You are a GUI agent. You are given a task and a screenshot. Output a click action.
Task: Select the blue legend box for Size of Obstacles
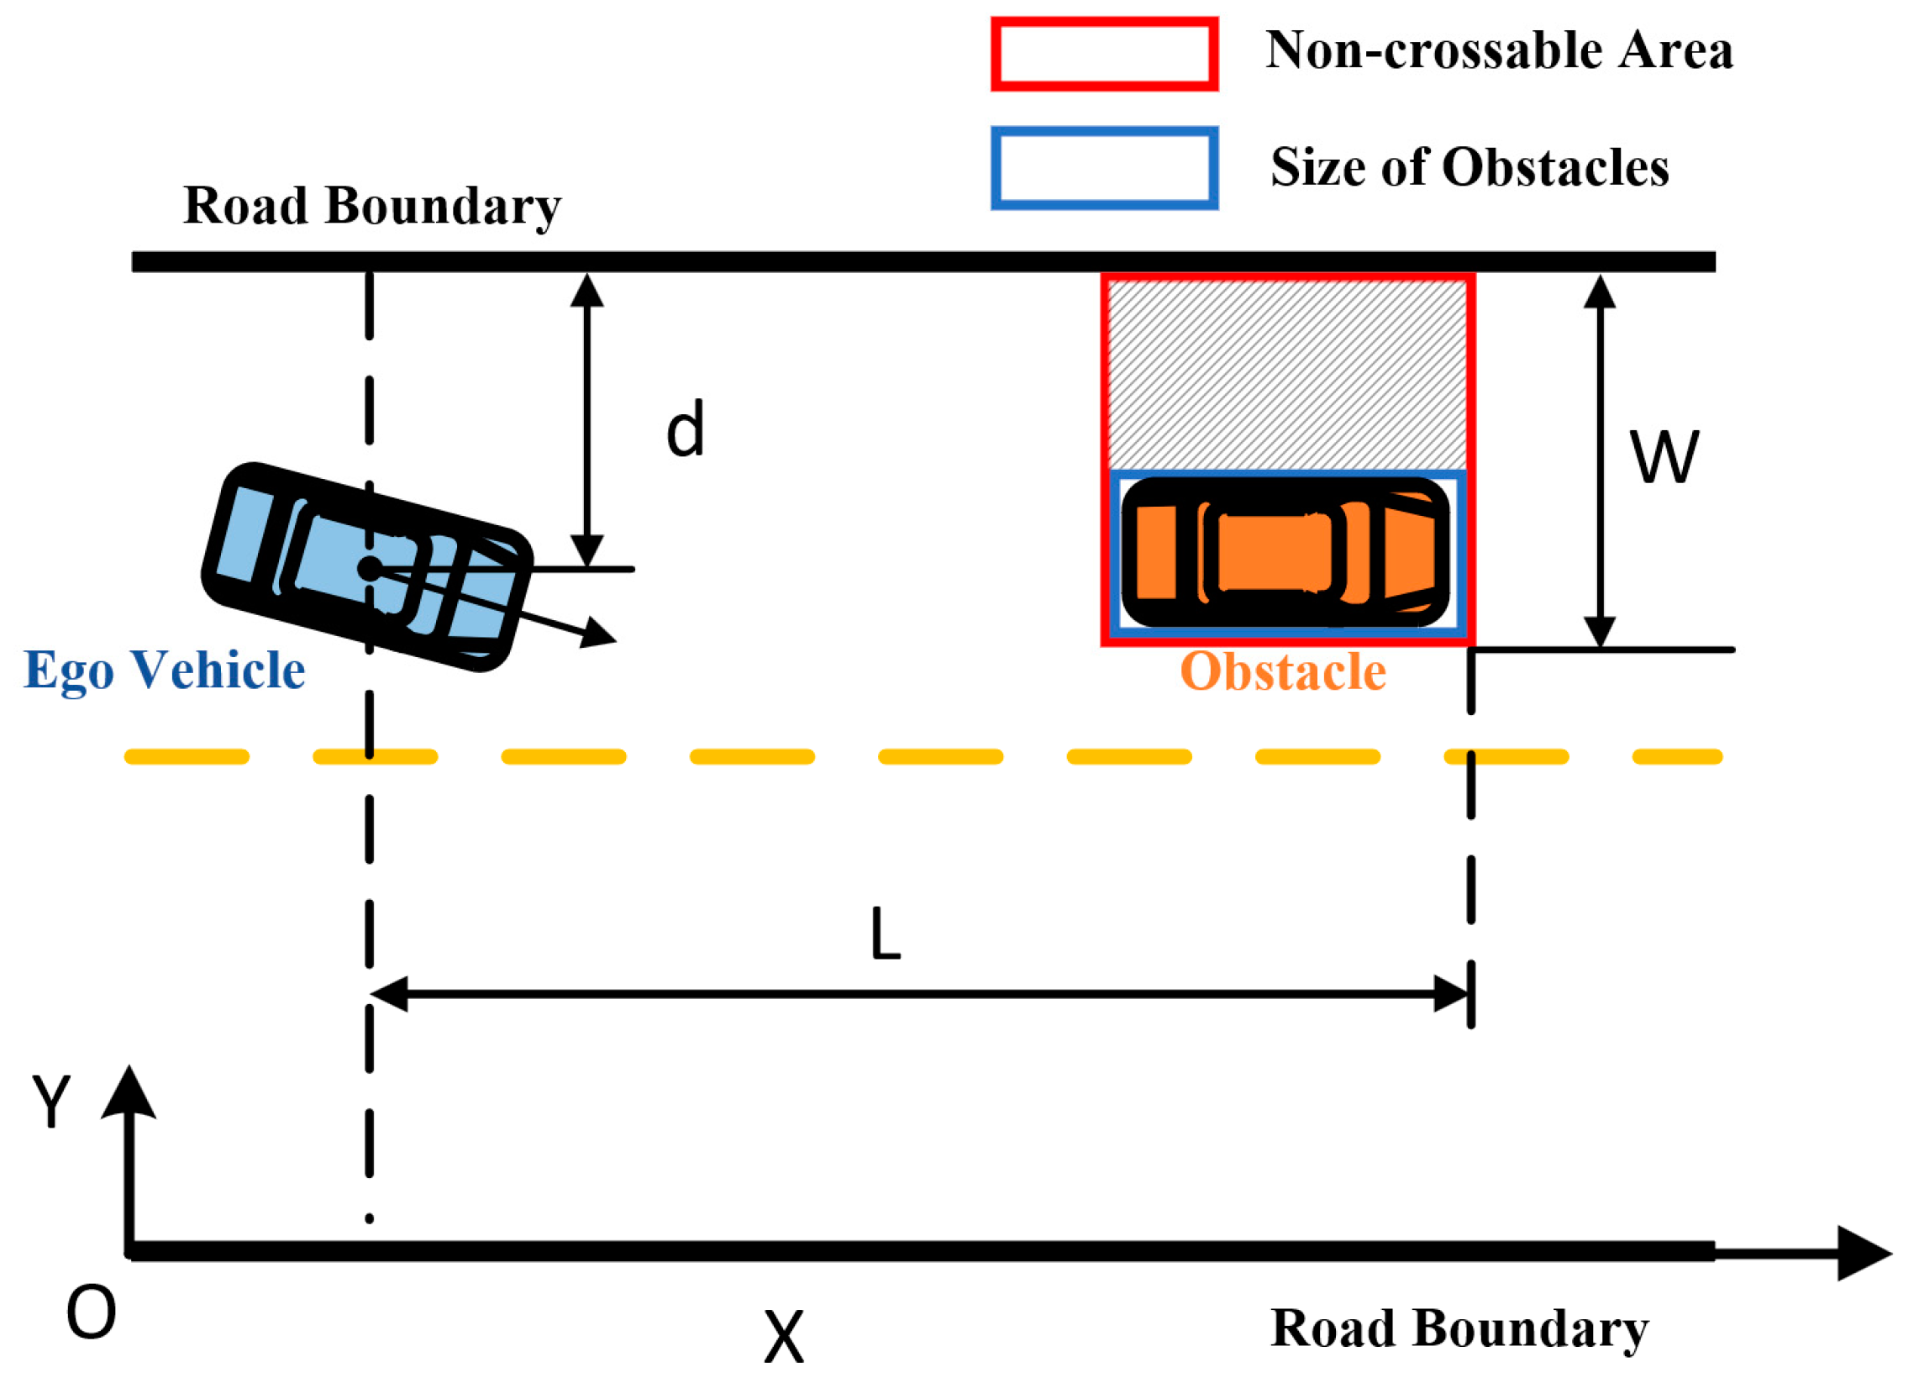pos(1104,168)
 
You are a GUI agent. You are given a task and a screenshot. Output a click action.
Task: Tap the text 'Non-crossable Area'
pos(1498,50)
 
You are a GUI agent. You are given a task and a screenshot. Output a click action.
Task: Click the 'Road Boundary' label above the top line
pos(372,206)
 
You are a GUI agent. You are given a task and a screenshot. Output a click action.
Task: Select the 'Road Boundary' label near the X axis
pos(1459,1328)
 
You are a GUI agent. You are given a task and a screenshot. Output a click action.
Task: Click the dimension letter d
pos(685,429)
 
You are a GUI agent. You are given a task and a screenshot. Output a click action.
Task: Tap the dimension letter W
pos(1664,457)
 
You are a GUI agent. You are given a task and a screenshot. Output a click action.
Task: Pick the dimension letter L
pos(885,934)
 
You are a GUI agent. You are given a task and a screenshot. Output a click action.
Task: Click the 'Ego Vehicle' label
pos(164,670)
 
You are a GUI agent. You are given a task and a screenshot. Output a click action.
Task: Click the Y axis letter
pos(50,1101)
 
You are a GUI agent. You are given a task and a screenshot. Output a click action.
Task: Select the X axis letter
pos(784,1337)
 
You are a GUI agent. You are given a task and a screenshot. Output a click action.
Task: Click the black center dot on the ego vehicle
pos(370,569)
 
